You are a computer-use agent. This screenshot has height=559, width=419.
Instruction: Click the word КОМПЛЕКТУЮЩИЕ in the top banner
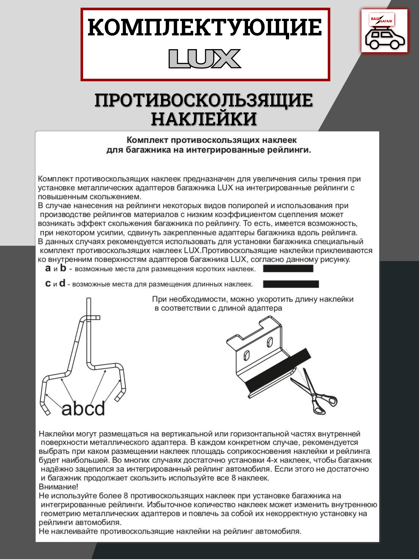pyautogui.click(x=205, y=28)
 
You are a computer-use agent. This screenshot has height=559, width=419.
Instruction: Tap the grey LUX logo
pyautogui.click(x=205, y=59)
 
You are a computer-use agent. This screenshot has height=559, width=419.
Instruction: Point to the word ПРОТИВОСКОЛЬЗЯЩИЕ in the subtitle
pyautogui.click(x=204, y=100)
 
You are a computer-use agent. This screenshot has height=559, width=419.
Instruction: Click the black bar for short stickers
pyautogui.click(x=288, y=268)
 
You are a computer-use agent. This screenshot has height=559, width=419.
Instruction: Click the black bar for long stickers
pyautogui.click(x=291, y=284)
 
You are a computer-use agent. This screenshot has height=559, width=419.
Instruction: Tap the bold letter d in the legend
pyautogui.click(x=62, y=283)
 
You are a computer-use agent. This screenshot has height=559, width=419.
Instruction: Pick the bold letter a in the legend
pyautogui.click(x=48, y=268)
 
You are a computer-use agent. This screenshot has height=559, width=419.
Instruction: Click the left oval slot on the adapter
pyautogui.click(x=246, y=356)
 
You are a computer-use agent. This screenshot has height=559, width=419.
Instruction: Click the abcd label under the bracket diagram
pyautogui.click(x=83, y=408)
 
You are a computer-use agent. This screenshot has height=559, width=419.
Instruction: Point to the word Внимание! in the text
pyautogui.click(x=58, y=487)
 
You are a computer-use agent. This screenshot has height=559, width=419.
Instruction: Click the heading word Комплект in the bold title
pyautogui.click(x=148, y=140)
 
